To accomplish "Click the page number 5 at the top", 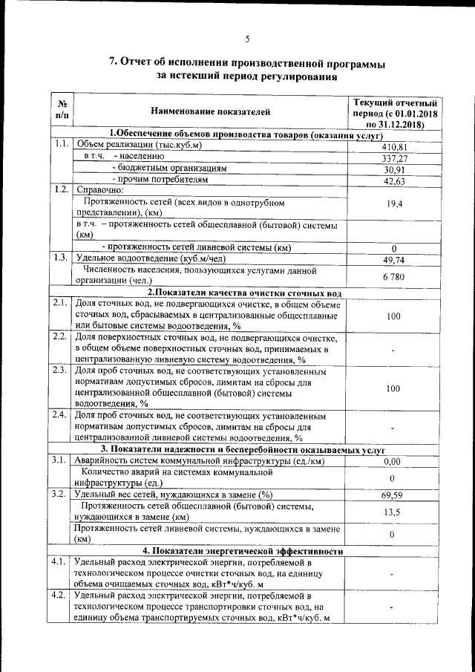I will pyautogui.click(x=248, y=39).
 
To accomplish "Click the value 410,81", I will pyautogui.click(x=394, y=147).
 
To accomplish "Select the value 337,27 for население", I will pyautogui.click(x=394, y=158).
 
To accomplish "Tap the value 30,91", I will pyautogui.click(x=394, y=169).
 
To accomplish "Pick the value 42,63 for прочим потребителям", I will pyautogui.click(x=394, y=181).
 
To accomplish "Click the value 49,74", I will pyautogui.click(x=394, y=259).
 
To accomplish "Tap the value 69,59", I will pyautogui.click(x=394, y=495).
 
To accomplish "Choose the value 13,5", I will pyautogui.click(x=394, y=512).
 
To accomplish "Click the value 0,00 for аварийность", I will pyautogui.click(x=394, y=461).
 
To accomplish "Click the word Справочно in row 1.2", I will pyautogui.click(x=103, y=190).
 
